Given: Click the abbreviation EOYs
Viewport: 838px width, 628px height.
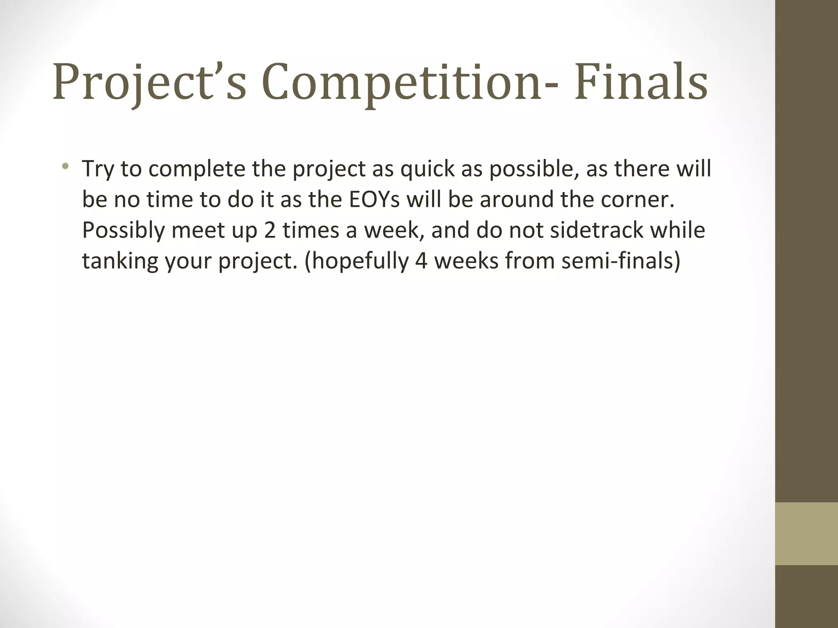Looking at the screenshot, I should (374, 200).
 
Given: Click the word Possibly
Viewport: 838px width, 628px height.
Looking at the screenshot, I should (123, 231).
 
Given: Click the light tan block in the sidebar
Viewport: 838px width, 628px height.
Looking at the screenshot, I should (806, 534).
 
